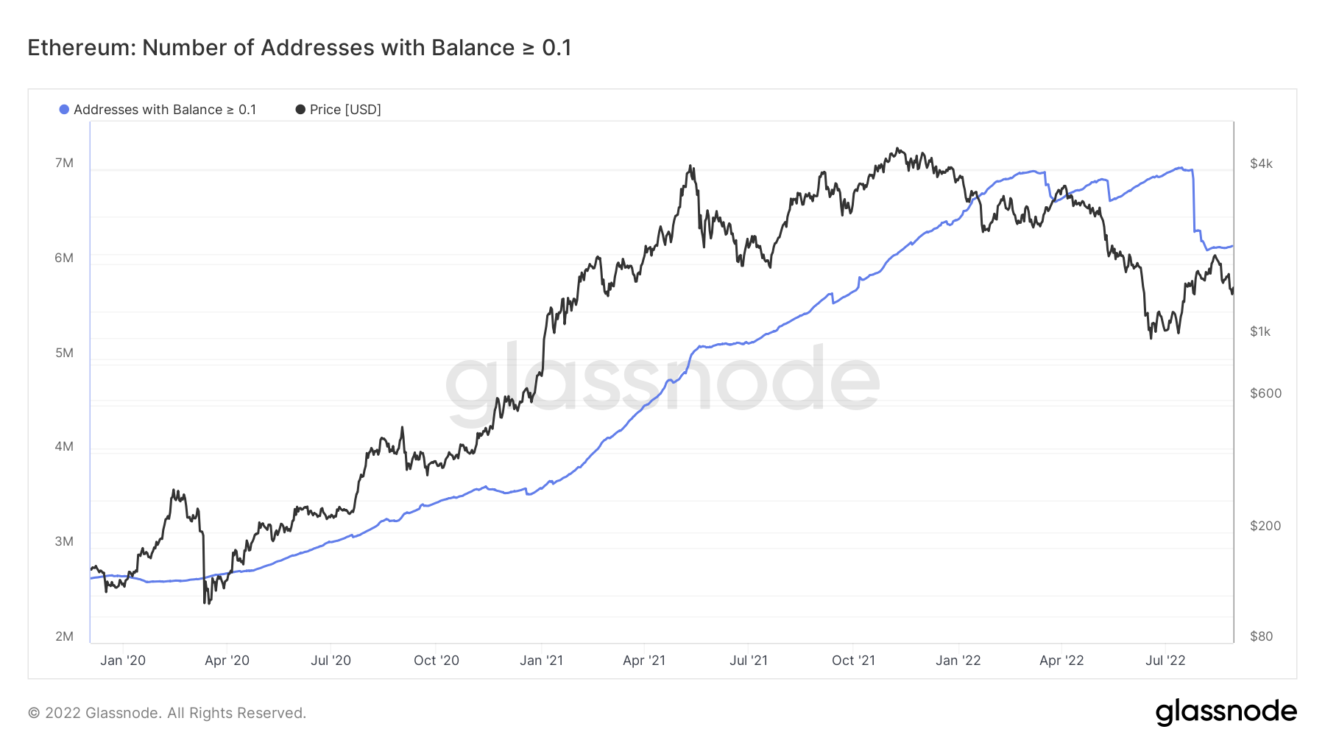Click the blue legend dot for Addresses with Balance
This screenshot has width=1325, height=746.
pyautogui.click(x=64, y=110)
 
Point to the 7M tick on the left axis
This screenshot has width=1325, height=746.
pyautogui.click(x=64, y=163)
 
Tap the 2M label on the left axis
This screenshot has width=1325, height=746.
pyautogui.click(x=64, y=636)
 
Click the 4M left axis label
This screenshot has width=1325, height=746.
pyautogui.click(x=64, y=446)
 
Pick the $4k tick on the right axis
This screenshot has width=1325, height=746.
pyautogui.click(x=1261, y=163)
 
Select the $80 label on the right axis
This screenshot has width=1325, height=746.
pyautogui.click(x=1261, y=636)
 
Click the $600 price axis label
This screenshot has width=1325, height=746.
pyautogui.click(x=1265, y=393)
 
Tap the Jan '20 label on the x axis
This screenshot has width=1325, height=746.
pyautogui.click(x=123, y=661)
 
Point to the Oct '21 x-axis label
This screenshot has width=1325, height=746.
pyautogui.click(x=853, y=661)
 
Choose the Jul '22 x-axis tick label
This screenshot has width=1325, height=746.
pyautogui.click(x=1165, y=661)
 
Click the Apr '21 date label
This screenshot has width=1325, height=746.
pyautogui.click(x=644, y=661)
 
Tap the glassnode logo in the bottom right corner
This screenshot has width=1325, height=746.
pyautogui.click(x=1226, y=712)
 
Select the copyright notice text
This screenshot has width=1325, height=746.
pyautogui.click(x=167, y=713)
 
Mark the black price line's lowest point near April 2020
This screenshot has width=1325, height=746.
pyautogui.click(x=204, y=603)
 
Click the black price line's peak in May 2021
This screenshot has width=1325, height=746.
pyautogui.click(x=690, y=166)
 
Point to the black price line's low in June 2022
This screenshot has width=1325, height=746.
pyautogui.click(x=1151, y=337)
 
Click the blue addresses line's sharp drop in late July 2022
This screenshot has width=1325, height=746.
pyautogui.click(x=1193, y=203)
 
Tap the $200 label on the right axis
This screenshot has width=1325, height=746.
pyautogui.click(x=1265, y=526)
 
